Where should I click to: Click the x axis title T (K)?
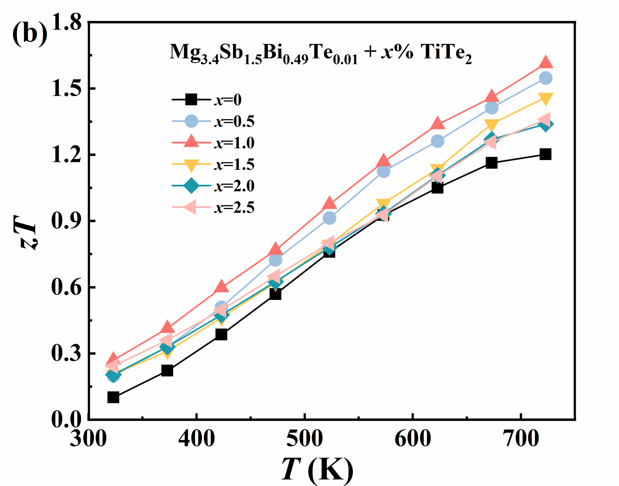click(x=317, y=469)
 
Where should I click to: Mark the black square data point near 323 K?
click(x=113, y=397)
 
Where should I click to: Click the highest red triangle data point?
click(x=546, y=62)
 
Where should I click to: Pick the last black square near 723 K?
click(x=546, y=154)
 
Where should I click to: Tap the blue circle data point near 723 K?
click(x=546, y=78)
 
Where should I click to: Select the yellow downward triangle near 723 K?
click(x=546, y=98)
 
